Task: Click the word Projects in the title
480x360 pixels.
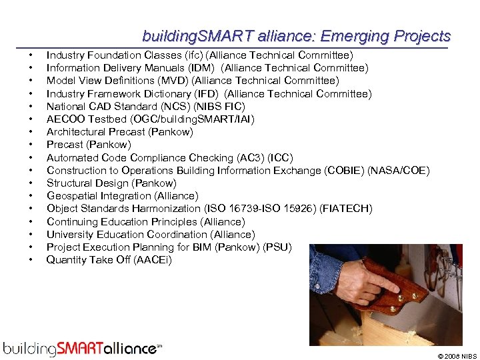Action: (x=422, y=36)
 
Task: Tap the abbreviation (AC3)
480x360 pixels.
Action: (x=251, y=158)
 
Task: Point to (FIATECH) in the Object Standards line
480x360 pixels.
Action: (x=346, y=209)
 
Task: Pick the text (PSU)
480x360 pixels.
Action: (x=277, y=247)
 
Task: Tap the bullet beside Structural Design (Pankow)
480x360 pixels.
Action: (x=31, y=183)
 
